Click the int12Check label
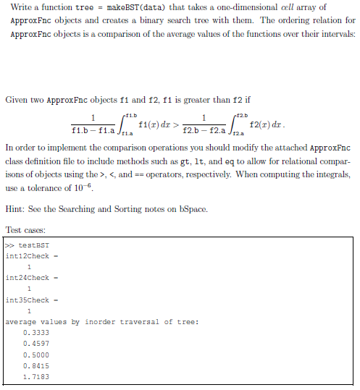[27, 256]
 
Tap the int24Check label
[27, 278]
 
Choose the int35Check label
[27, 300]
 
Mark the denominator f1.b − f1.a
[93, 130]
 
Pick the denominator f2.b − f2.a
[206, 130]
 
